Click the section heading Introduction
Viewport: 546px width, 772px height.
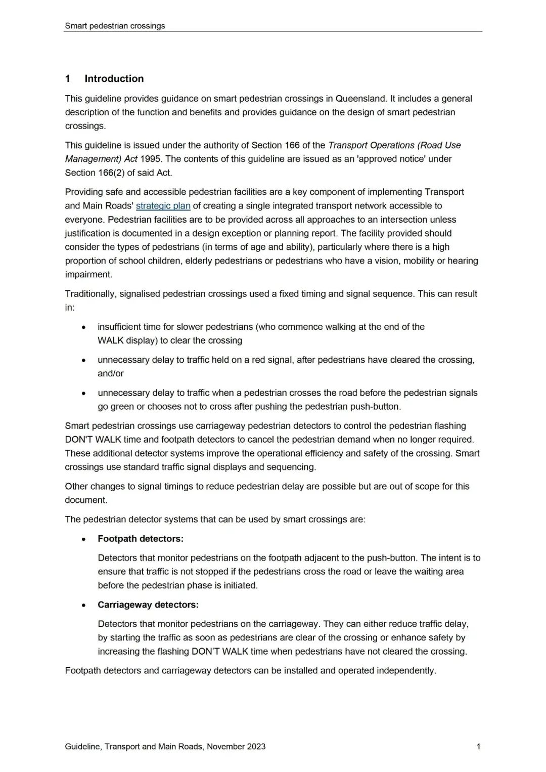coord(114,78)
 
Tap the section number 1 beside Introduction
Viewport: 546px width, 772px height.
coord(68,78)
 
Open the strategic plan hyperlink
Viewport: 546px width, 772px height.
coord(163,206)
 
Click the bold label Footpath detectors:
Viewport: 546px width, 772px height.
coord(141,539)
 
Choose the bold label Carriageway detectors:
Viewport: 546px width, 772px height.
coord(148,605)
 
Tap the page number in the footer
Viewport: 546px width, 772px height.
coord(478,747)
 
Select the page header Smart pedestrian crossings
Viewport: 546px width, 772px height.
coord(115,26)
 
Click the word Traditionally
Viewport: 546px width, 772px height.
coord(90,294)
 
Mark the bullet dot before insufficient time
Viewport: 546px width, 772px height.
coord(83,327)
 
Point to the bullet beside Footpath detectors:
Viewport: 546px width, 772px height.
coord(83,539)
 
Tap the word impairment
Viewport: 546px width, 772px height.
coord(88,275)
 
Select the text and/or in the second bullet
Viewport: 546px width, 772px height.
coord(111,373)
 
